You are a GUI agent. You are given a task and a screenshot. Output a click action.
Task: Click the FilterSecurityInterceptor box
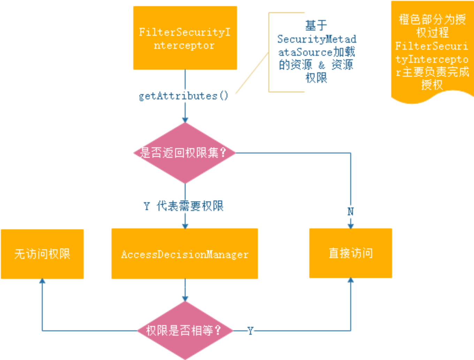coord(185,38)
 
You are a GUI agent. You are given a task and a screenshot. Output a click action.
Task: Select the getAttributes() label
coord(183,96)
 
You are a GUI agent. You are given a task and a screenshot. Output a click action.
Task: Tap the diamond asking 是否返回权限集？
coord(185,153)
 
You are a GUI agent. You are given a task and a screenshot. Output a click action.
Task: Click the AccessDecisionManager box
coord(185,254)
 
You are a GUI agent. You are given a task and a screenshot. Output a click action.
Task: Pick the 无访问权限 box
coord(42,254)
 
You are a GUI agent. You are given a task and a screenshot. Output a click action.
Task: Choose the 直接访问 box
coord(351,253)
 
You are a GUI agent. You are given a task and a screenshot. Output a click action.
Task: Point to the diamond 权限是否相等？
coord(185,330)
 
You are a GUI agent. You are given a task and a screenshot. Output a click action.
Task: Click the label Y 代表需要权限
coord(184,206)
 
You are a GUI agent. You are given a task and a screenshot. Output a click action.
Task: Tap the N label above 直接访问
coord(351,211)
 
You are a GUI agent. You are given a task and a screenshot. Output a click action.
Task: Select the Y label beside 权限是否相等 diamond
coord(250,331)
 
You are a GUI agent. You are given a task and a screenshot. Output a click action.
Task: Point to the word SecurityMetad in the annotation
coord(316,39)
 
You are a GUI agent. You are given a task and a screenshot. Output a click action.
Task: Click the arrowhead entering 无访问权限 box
coord(42,281)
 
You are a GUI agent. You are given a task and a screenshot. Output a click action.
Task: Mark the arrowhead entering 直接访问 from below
coord(351,280)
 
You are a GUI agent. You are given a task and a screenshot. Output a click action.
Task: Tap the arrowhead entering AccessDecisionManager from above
coord(185,226)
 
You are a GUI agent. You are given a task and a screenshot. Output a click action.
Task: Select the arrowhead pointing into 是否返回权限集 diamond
coord(185,120)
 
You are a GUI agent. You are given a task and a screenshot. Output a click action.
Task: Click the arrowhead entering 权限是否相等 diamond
coord(185,299)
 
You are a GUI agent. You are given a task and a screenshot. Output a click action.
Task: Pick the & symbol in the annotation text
coord(321,65)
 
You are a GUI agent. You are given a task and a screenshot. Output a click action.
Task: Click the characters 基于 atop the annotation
coord(316,25)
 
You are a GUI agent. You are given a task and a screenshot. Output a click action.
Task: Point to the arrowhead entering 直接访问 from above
coord(351,226)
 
